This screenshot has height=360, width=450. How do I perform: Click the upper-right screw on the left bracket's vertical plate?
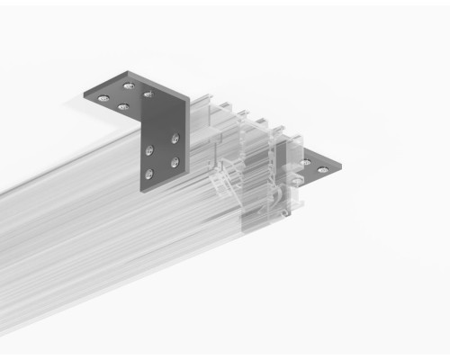[175, 138]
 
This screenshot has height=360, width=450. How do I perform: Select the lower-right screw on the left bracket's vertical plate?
[175, 162]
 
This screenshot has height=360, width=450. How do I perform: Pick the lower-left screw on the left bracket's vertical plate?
[150, 174]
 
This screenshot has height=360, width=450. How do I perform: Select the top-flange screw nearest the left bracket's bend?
[148, 94]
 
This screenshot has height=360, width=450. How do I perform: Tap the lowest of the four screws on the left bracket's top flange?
[123, 106]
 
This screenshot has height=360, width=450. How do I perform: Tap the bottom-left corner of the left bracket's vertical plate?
[140, 190]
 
